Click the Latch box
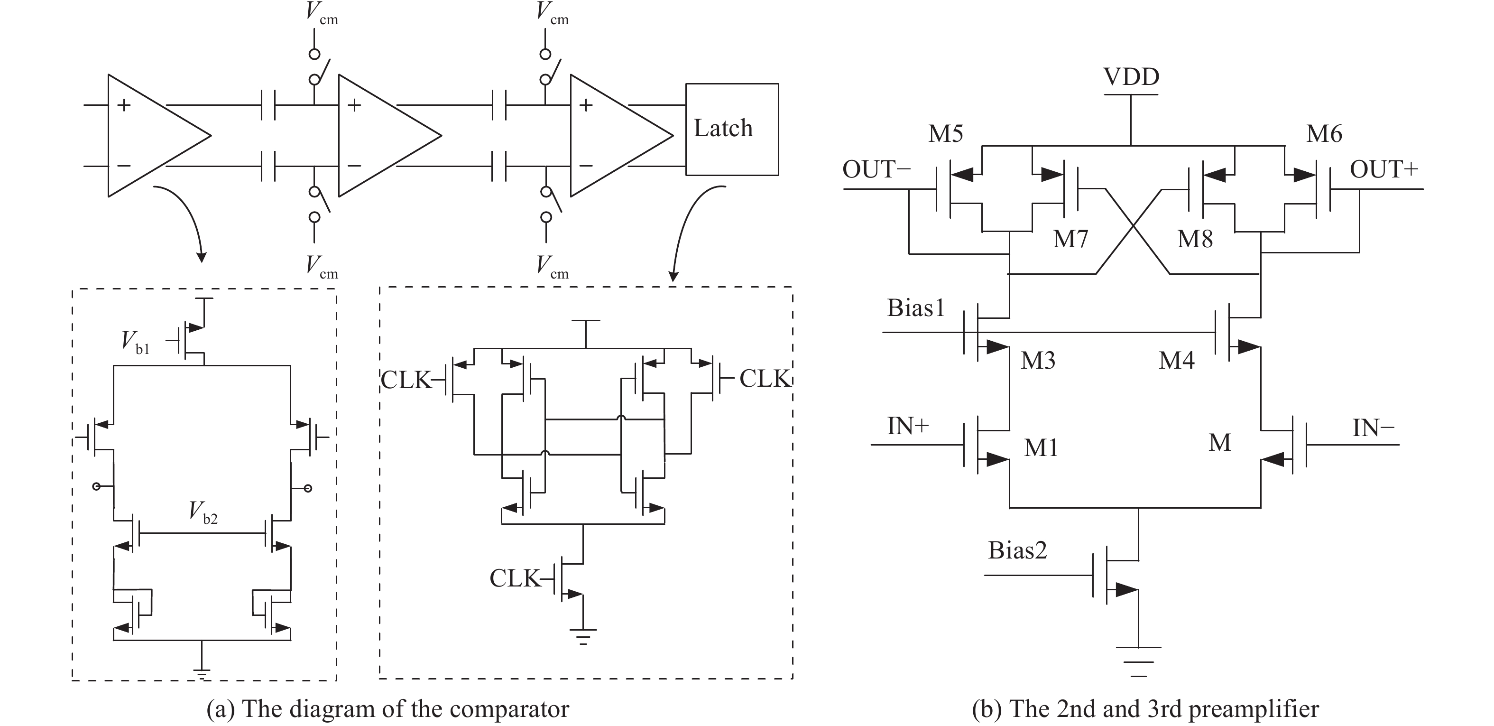731,129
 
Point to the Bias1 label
916,308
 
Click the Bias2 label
1017,550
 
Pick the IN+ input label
908,427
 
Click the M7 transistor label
1070,239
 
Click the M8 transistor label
1195,239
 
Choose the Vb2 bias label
203,512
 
